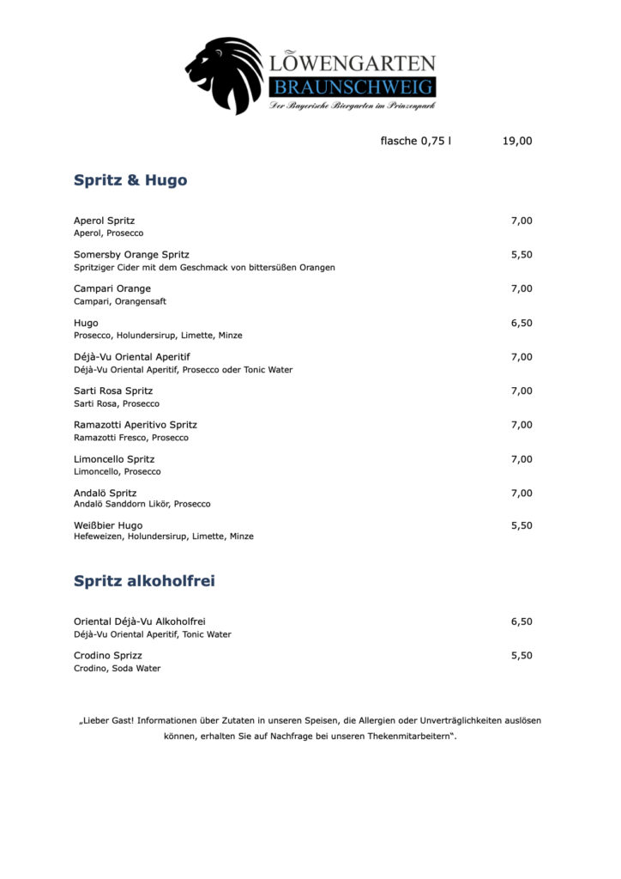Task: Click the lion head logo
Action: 225,76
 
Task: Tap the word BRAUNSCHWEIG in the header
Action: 353,87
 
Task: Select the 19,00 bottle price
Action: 517,141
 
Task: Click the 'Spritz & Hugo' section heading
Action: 130,180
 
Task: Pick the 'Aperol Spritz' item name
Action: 104,221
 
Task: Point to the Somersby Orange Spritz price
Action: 522,255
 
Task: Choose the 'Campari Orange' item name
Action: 112,288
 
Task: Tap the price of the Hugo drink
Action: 522,323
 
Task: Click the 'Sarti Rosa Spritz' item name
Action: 113,391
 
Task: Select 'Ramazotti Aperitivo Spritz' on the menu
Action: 136,425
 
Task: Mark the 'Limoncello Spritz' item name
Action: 114,459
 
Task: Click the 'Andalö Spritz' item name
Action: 105,493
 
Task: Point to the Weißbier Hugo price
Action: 522,525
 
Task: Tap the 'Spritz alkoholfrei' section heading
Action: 144,581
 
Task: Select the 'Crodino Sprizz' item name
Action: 108,655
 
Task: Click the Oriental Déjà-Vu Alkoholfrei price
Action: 522,621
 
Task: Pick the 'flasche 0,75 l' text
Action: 415,141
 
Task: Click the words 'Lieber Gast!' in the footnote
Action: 106,720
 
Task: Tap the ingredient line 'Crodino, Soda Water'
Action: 117,669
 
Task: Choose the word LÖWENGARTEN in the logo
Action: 353,63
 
